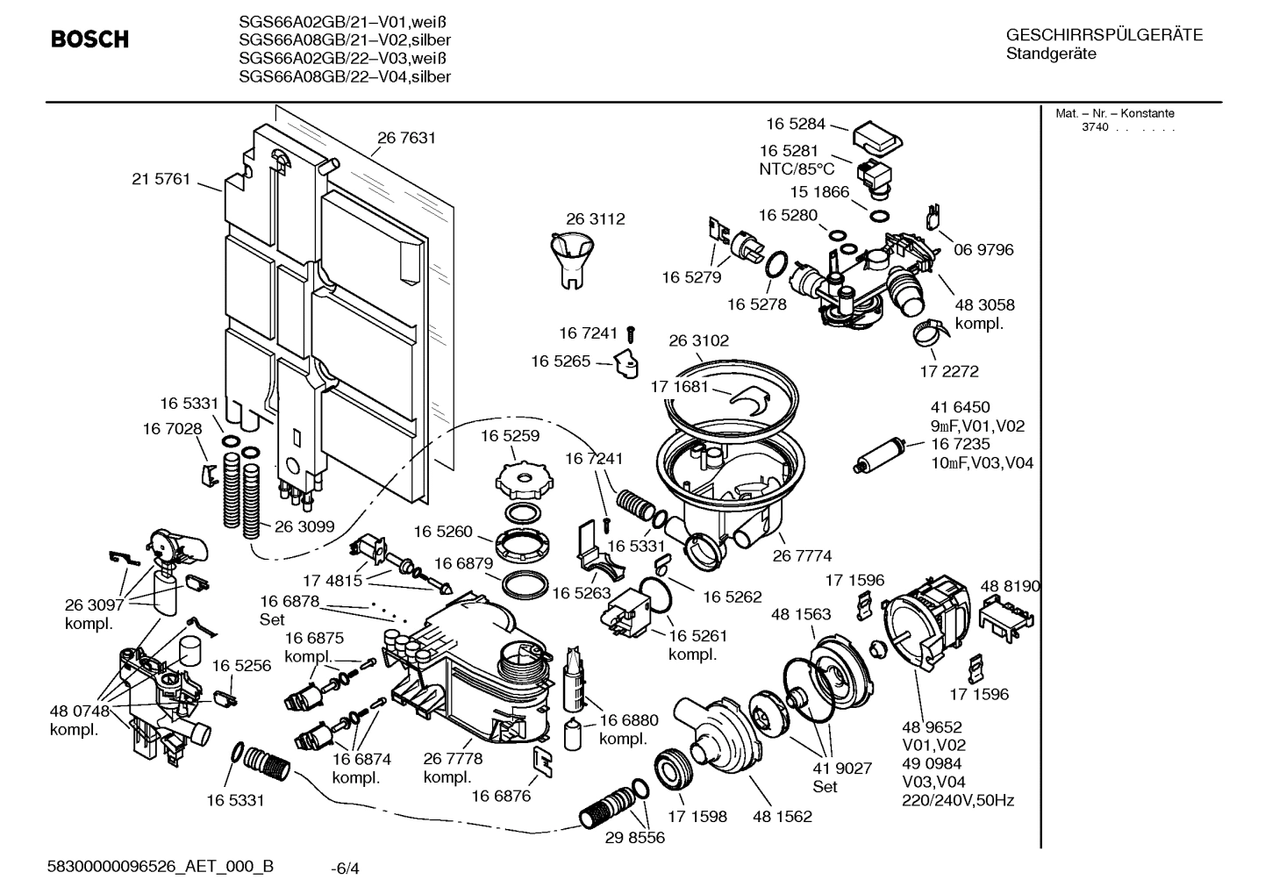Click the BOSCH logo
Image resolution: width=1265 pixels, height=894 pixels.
pyautogui.click(x=89, y=39)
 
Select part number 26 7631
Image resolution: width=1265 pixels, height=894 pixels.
pyautogui.click(x=406, y=138)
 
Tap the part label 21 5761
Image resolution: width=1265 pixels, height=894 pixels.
pyautogui.click(x=161, y=179)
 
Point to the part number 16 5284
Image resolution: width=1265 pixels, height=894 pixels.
pyautogui.click(x=796, y=125)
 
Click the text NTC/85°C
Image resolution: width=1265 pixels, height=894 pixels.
pyautogui.click(x=797, y=168)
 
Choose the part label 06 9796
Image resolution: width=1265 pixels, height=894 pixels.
pyautogui.click(x=983, y=250)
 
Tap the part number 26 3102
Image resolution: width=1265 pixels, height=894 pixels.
pyautogui.click(x=698, y=340)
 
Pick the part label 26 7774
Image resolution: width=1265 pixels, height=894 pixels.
pyautogui.click(x=802, y=555)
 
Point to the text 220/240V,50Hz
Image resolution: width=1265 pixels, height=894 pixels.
pyautogui.click(x=958, y=800)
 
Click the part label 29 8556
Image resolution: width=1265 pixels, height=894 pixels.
pyautogui.click(x=635, y=838)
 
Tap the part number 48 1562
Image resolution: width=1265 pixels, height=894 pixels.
pyautogui.click(x=782, y=816)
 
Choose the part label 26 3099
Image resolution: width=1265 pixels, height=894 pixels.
pyautogui.click(x=304, y=526)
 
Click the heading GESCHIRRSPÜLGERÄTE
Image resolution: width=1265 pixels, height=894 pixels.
pyautogui.click(x=1104, y=36)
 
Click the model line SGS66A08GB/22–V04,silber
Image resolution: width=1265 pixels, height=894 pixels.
pyautogui.click(x=345, y=77)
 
